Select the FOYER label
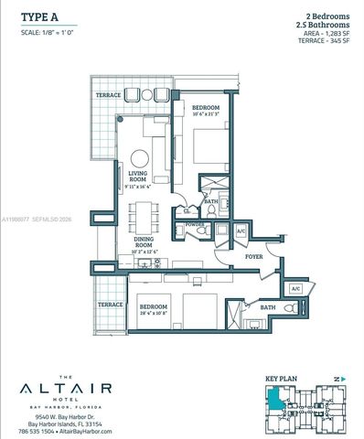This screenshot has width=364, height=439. point(252,258)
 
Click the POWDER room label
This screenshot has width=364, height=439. point(193,222)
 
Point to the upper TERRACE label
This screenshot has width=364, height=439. point(108,95)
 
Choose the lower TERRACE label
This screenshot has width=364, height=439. point(111,304)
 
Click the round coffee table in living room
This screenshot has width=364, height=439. point(140,156)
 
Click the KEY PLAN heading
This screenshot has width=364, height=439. point(281,377)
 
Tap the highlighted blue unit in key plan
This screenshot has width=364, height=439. point(275,399)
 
